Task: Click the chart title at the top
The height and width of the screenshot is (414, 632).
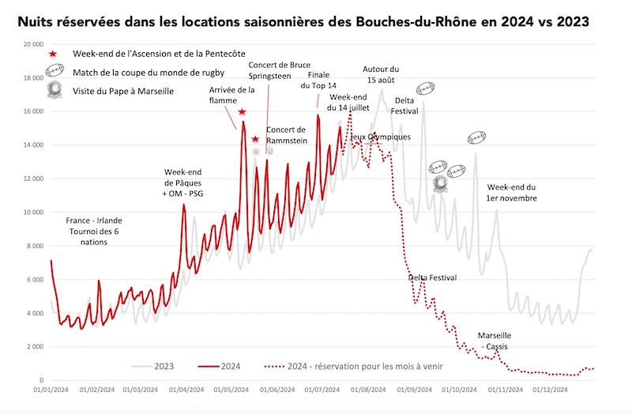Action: (303, 21)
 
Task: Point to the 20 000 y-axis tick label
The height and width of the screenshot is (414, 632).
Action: (33, 44)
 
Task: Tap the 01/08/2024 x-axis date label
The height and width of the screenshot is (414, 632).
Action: (368, 390)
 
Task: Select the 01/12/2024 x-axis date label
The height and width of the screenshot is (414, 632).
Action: (550, 390)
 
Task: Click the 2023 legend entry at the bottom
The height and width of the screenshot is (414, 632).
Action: (152, 367)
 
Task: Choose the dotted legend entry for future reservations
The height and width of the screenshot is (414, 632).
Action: (353, 367)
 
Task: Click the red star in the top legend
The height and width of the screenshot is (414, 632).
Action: (53, 54)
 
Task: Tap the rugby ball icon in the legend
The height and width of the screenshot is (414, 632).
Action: (55, 70)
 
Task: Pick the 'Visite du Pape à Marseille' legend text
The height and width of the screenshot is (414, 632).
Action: (123, 91)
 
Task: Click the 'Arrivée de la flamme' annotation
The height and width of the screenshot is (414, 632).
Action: (231, 95)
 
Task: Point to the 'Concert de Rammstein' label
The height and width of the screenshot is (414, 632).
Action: (287, 135)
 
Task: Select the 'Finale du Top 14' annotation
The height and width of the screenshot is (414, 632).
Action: (318, 80)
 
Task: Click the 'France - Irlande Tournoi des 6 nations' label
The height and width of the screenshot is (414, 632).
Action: (94, 231)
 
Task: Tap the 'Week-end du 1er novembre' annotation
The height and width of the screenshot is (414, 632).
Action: (511, 193)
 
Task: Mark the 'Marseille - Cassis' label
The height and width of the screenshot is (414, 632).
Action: (495, 341)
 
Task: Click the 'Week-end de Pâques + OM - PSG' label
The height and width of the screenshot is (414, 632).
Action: (182, 183)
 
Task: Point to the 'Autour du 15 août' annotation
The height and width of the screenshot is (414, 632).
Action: (381, 74)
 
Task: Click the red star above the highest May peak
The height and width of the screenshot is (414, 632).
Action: (242, 111)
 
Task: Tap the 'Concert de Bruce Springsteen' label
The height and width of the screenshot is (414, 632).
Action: (280, 70)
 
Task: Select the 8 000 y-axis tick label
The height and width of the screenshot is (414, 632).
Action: (35, 246)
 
